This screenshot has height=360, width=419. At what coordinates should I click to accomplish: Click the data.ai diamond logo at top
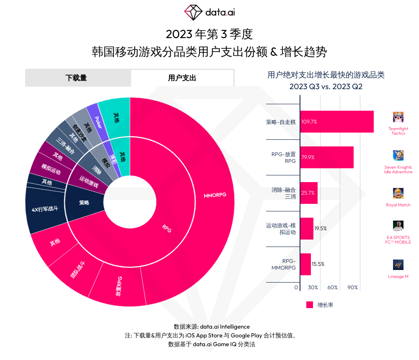click(194, 13)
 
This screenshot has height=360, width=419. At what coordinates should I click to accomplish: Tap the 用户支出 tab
click(182, 78)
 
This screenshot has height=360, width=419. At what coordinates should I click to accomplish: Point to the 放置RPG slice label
click(119, 287)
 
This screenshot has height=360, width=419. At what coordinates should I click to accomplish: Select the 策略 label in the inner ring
click(84, 203)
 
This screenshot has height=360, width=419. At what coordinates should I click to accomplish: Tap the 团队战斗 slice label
click(78, 270)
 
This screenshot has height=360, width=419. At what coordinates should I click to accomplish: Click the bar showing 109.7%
click(337, 122)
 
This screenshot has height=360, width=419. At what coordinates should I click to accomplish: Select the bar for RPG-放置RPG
click(327, 157)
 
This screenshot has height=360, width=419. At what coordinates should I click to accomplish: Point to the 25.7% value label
click(308, 193)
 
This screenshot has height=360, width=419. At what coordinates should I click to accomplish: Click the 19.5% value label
click(320, 229)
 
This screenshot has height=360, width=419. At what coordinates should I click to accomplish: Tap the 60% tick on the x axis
click(333, 288)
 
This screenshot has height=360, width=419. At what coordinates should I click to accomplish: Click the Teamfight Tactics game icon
click(398, 117)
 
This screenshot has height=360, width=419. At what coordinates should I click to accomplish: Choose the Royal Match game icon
click(398, 193)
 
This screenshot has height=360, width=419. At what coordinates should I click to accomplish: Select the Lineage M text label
click(398, 277)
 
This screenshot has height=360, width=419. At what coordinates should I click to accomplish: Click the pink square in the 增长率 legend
click(310, 305)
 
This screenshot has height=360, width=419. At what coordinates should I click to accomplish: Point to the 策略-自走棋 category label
click(281, 122)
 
